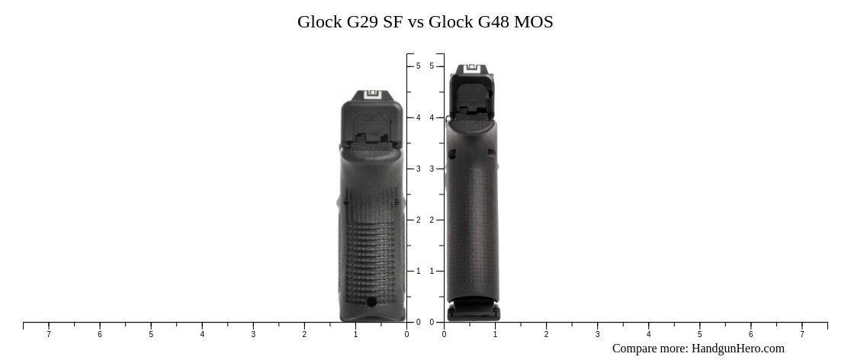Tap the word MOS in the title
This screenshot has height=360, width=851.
[534, 22]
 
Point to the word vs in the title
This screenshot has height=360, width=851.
[416, 22]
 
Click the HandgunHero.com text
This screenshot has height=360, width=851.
[737, 349]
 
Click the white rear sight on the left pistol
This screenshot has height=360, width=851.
[372, 95]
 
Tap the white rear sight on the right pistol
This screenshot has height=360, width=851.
[472, 69]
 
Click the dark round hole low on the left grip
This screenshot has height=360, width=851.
[371, 302]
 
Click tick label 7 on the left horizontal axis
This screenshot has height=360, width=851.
[49, 334]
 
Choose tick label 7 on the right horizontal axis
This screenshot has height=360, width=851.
[801, 334]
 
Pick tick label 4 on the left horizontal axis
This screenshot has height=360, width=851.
[202, 334]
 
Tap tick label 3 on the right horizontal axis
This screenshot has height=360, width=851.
[597, 334]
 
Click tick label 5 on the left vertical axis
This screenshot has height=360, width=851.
[418, 66]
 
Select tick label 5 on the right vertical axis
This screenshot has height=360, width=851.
[432, 66]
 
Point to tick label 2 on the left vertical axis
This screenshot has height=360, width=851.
[418, 220]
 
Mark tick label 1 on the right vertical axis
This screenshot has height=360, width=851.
[432, 271]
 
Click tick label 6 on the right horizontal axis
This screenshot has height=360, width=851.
[750, 334]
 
